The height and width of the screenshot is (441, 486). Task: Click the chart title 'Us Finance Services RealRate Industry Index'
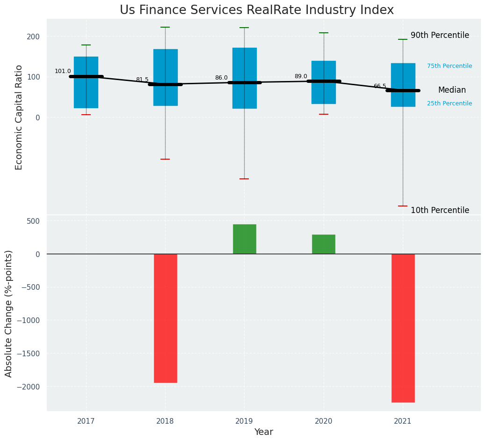point(256,10)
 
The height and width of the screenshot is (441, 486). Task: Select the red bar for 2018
point(165,318)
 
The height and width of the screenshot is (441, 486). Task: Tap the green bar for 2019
point(244,239)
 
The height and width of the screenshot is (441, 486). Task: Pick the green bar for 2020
point(324,244)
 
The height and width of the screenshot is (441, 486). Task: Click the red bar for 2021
point(403,328)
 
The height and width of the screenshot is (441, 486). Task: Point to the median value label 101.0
point(63,72)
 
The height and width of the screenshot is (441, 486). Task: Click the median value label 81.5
point(142,80)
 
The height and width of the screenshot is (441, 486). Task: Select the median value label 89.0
point(301,77)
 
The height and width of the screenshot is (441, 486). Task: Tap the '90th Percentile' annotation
point(440,36)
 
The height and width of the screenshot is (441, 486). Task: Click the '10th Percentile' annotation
point(440,211)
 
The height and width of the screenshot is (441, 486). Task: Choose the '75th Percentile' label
point(450,66)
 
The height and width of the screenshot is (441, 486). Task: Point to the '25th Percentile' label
point(450,103)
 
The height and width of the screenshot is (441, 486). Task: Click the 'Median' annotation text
point(452,90)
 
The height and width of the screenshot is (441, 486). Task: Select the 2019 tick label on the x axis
point(244,421)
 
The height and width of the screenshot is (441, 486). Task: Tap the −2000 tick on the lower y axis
point(29,387)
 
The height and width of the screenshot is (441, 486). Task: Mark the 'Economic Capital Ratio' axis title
point(19,117)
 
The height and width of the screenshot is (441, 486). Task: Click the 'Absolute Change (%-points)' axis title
point(9,313)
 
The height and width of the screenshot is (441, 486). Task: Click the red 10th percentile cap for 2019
point(244,179)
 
